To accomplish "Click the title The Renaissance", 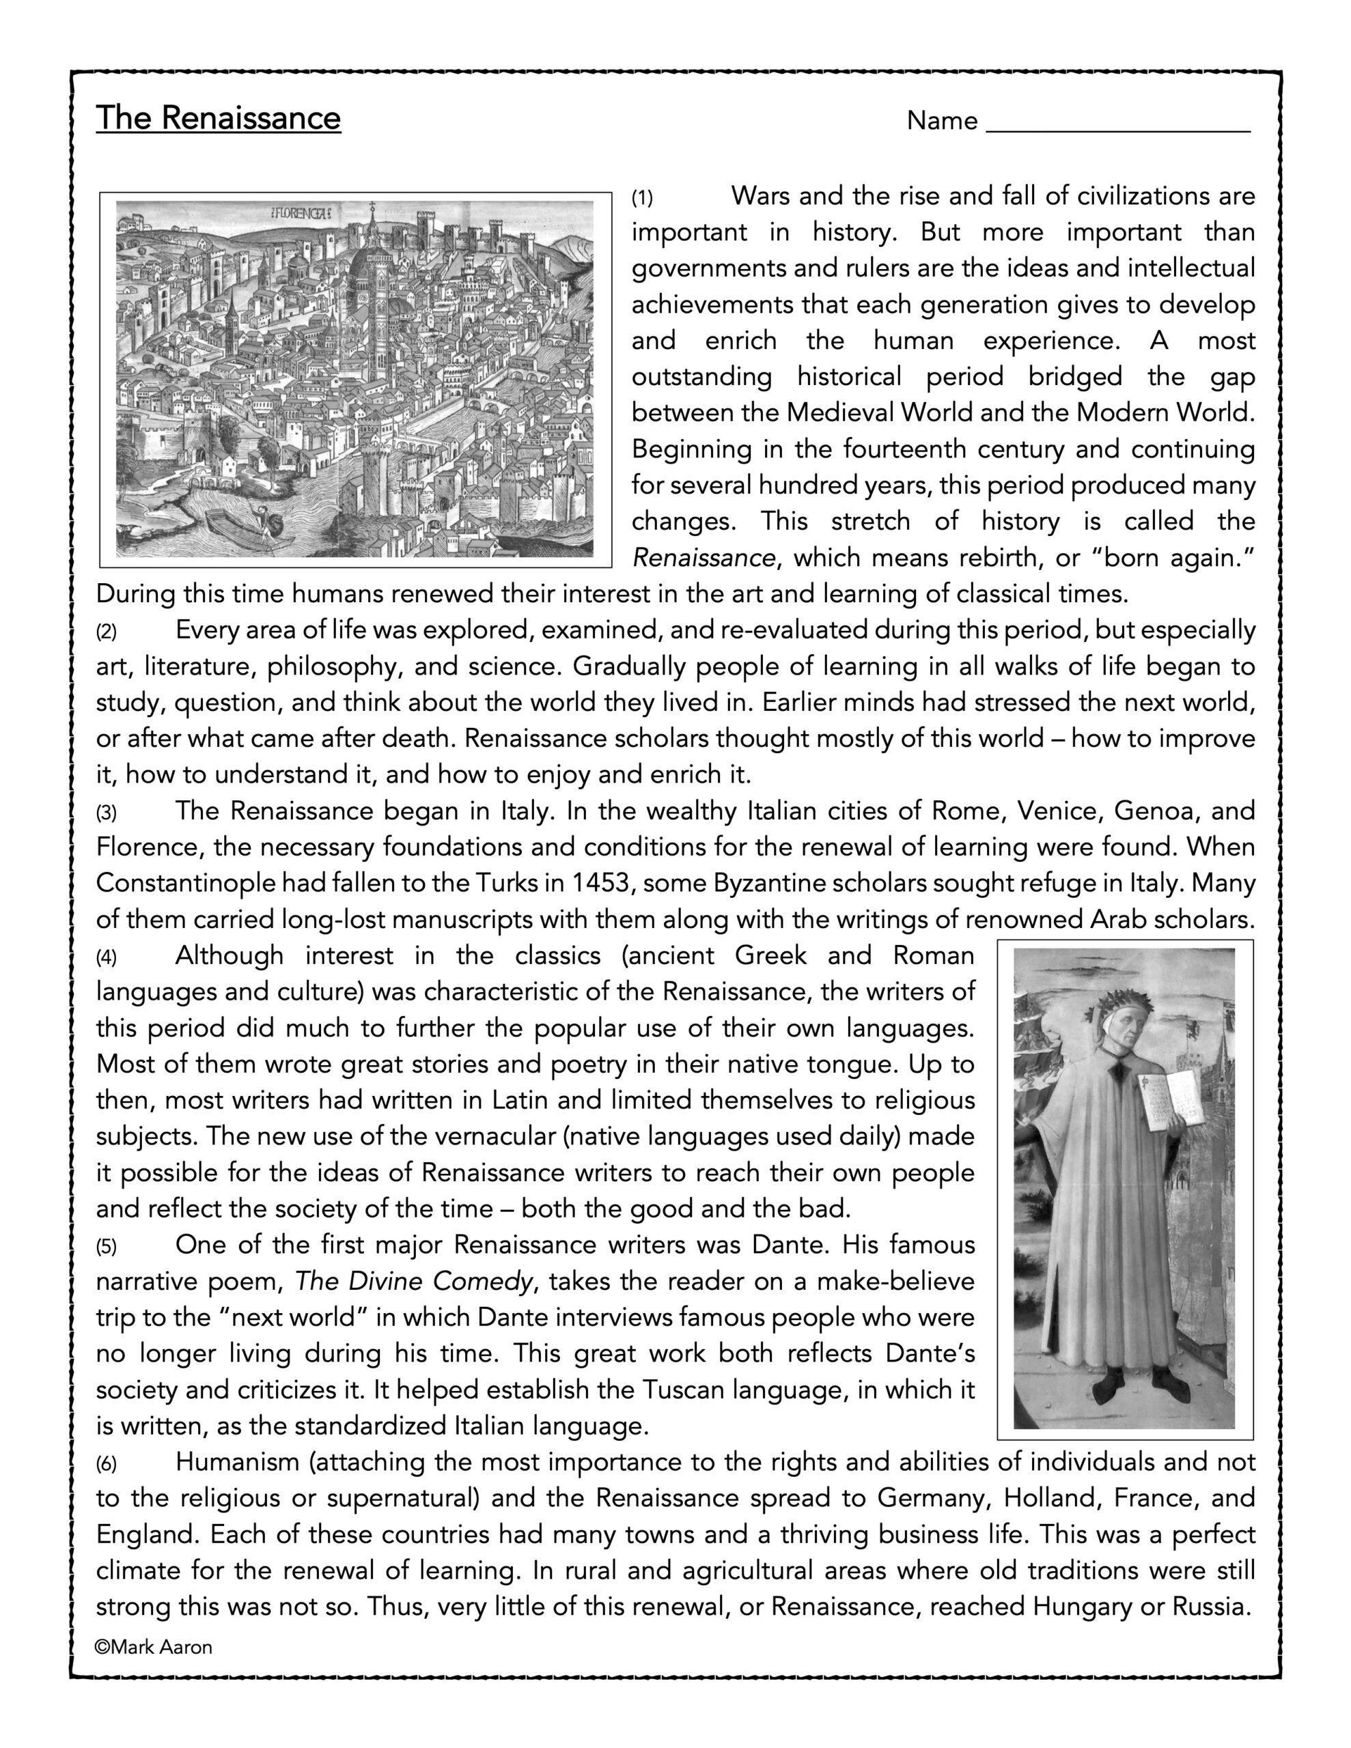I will [218, 117].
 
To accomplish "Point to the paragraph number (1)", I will [642, 198].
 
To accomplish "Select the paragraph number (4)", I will [107, 957].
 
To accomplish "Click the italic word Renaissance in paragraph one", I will [703, 557].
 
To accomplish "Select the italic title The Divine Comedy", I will [413, 1282].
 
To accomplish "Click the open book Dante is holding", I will [1174, 1101].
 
